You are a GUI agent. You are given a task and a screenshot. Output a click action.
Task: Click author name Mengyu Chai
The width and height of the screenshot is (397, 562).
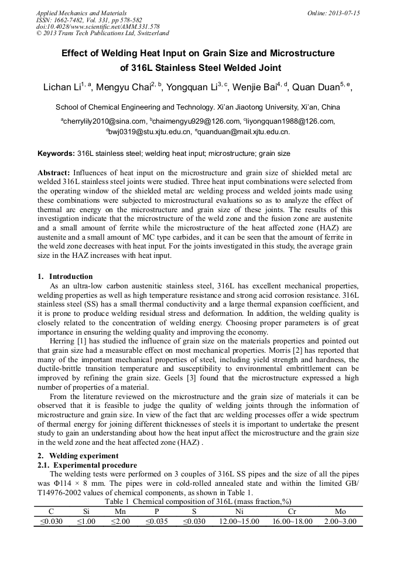coord(122,88)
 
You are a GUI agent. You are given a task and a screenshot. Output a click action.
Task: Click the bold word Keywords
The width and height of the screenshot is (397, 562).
coord(56,154)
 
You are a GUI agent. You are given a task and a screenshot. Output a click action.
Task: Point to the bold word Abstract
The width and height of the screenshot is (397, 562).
coord(54,174)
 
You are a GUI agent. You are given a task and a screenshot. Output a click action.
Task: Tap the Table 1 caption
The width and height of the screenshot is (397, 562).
coord(198,501)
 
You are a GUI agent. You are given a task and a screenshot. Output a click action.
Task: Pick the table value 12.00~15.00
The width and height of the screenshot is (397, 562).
coord(240,521)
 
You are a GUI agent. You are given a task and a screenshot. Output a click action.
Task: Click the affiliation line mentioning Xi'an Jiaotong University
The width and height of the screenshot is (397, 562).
coord(198,108)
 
